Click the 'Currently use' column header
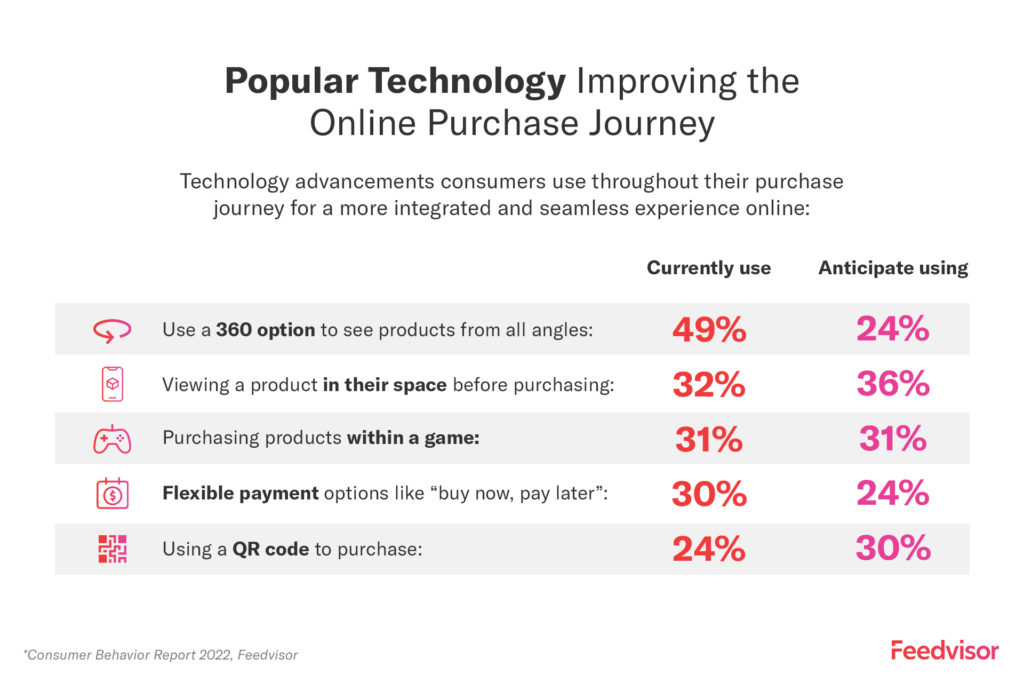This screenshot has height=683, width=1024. point(708,268)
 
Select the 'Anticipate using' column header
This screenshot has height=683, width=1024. point(893,268)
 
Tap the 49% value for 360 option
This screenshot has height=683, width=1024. point(709,329)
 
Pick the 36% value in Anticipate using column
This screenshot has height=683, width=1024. point(893,384)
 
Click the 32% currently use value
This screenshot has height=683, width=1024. point(709,384)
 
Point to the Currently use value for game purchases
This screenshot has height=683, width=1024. point(709,439)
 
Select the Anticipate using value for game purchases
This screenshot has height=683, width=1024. point(893,439)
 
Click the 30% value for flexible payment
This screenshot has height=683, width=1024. point(709,494)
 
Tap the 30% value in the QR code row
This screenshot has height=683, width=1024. point(893,549)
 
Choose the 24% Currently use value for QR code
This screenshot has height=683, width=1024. point(709,549)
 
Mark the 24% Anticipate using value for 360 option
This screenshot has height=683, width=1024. point(893,329)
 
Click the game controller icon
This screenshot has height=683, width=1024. point(112,439)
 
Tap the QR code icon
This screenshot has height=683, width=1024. point(112,549)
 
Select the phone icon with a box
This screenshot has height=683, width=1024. point(112,384)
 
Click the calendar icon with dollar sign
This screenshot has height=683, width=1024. point(112,494)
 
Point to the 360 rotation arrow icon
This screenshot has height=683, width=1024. point(112,330)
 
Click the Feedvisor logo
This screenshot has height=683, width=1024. point(944,650)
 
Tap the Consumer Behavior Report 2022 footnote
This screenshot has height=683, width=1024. point(160,655)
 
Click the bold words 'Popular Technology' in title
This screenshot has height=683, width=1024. point(395,81)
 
